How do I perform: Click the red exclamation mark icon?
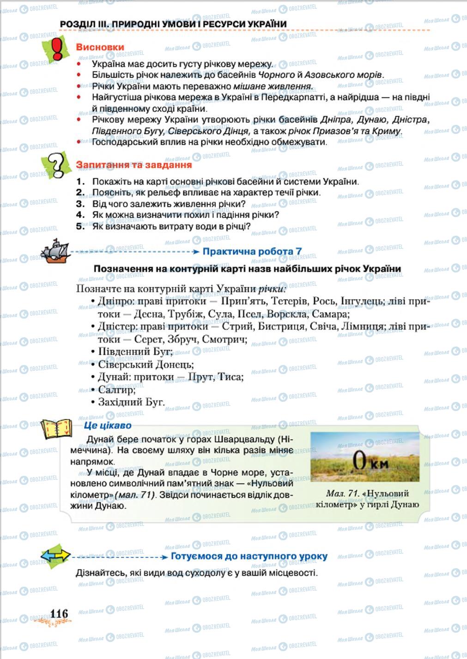tap(56, 49)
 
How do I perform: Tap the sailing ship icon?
tap(54, 251)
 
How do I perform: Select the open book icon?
tap(56, 429)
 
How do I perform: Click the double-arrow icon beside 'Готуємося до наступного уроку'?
tap(55, 556)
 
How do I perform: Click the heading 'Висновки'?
tap(100, 47)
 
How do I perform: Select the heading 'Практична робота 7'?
tap(252, 252)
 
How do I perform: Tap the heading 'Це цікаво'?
tap(108, 425)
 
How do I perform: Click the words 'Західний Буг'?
tap(131, 402)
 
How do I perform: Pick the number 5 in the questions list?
tap(81, 226)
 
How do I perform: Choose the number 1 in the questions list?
tap(81, 181)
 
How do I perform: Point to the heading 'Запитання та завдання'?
tap(134, 165)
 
